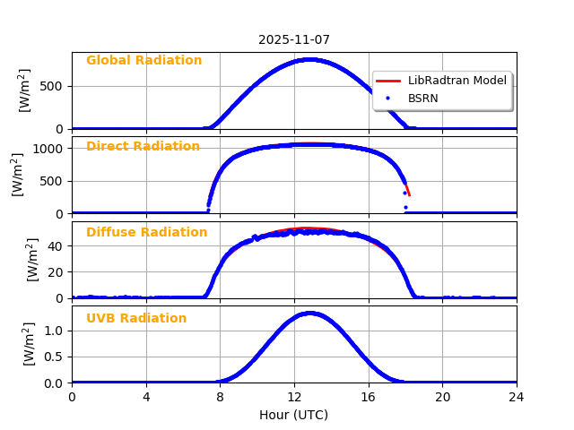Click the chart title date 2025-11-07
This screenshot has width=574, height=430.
coord(294,39)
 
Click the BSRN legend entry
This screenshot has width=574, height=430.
coord(422,99)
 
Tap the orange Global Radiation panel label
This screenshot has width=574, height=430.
coord(143,61)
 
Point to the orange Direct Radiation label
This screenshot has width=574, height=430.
coord(143,147)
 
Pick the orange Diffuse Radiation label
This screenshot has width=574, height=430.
coord(146,233)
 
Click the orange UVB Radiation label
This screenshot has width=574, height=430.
coord(136,319)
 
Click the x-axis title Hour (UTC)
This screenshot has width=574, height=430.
coord(294,415)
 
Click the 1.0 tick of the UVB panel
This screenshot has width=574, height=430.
coord(55,331)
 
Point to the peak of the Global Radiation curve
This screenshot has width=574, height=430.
coord(309,59)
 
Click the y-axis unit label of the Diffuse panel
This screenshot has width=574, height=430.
coord(32,260)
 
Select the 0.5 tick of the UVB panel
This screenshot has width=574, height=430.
coord(55,357)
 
